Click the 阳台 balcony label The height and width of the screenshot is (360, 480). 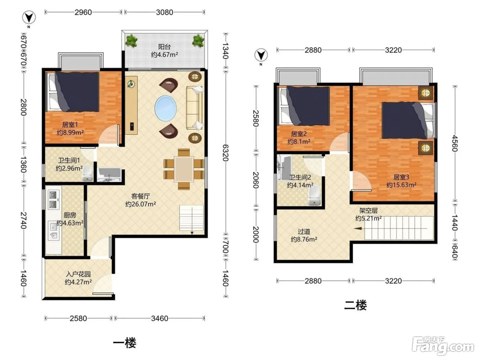coord(164,47)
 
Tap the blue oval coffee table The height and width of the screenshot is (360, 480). coord(166,108)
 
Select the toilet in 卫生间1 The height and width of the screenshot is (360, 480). coord(87,173)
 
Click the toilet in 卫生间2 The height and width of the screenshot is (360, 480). coord(314,195)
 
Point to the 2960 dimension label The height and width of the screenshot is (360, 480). coord(83,12)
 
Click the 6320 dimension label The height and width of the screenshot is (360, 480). coord(226,153)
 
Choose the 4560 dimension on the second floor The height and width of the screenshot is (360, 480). coord(455,143)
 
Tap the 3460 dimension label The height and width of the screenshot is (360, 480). coord(160,319)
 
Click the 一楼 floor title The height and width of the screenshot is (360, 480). coord(125,343)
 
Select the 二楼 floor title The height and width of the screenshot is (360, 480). coord(355,305)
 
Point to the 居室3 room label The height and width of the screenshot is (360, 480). coord(401,177)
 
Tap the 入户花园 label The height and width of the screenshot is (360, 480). coord(78,274)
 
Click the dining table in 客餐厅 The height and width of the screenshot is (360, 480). coord(184,169)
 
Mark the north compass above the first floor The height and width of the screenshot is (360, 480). coord(29,18)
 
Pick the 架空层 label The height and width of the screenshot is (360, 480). coord(369,211)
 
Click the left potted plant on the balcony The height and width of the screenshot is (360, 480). coord(131,41)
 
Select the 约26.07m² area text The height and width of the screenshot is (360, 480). coord(141,204)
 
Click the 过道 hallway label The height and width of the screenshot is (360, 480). coord(304,231)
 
